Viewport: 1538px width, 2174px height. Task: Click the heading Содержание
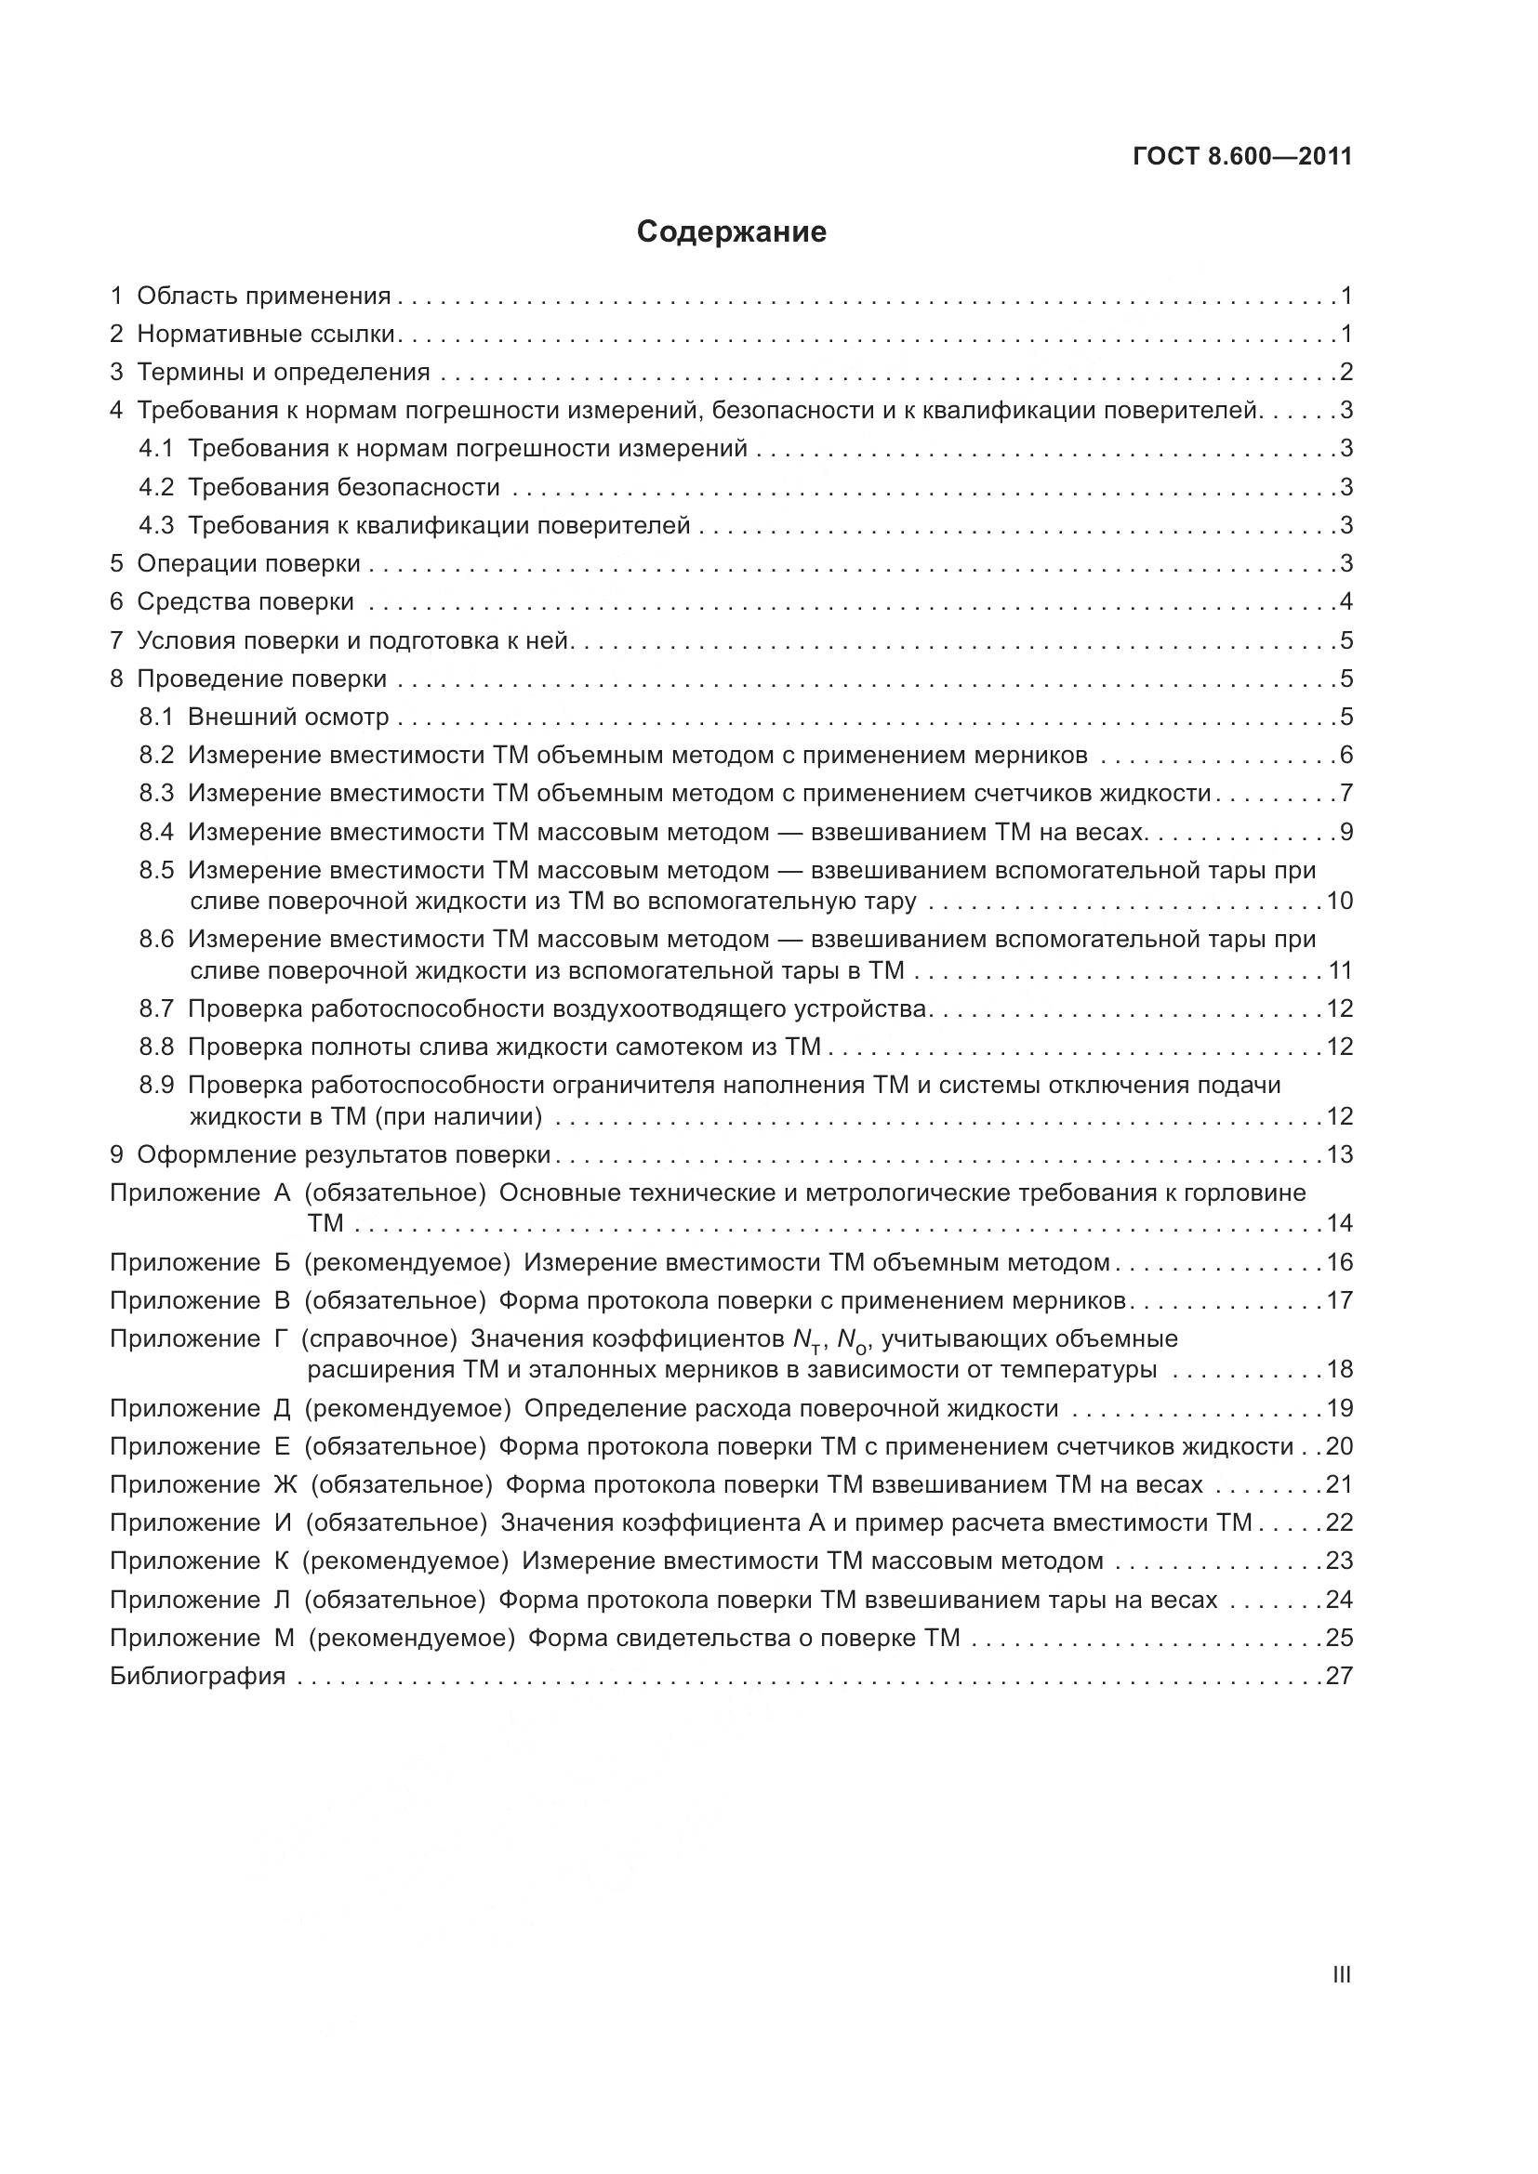click(x=731, y=232)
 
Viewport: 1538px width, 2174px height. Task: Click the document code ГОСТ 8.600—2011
click(x=1241, y=157)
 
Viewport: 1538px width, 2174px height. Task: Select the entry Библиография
click(x=198, y=1676)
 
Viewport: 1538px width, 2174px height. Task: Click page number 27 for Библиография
click(x=1339, y=1676)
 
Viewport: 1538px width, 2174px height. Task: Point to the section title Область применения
click(x=264, y=296)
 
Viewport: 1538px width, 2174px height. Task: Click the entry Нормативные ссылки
click(x=265, y=335)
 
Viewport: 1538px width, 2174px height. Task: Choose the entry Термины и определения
click(x=284, y=372)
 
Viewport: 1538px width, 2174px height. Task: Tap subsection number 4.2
click(x=156, y=488)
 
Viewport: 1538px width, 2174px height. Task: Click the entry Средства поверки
click(x=245, y=602)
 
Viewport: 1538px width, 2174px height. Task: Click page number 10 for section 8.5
click(x=1339, y=901)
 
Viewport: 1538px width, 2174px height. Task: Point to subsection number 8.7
click(x=156, y=1008)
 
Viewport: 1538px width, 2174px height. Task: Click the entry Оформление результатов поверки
click(x=344, y=1154)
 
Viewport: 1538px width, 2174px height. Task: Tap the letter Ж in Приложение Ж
click(x=285, y=1484)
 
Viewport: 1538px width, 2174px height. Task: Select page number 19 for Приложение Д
click(x=1339, y=1408)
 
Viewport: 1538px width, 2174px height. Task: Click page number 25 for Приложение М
click(x=1339, y=1637)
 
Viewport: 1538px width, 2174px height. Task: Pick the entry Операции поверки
click(x=248, y=564)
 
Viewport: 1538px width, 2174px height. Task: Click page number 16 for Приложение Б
click(x=1339, y=1262)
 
